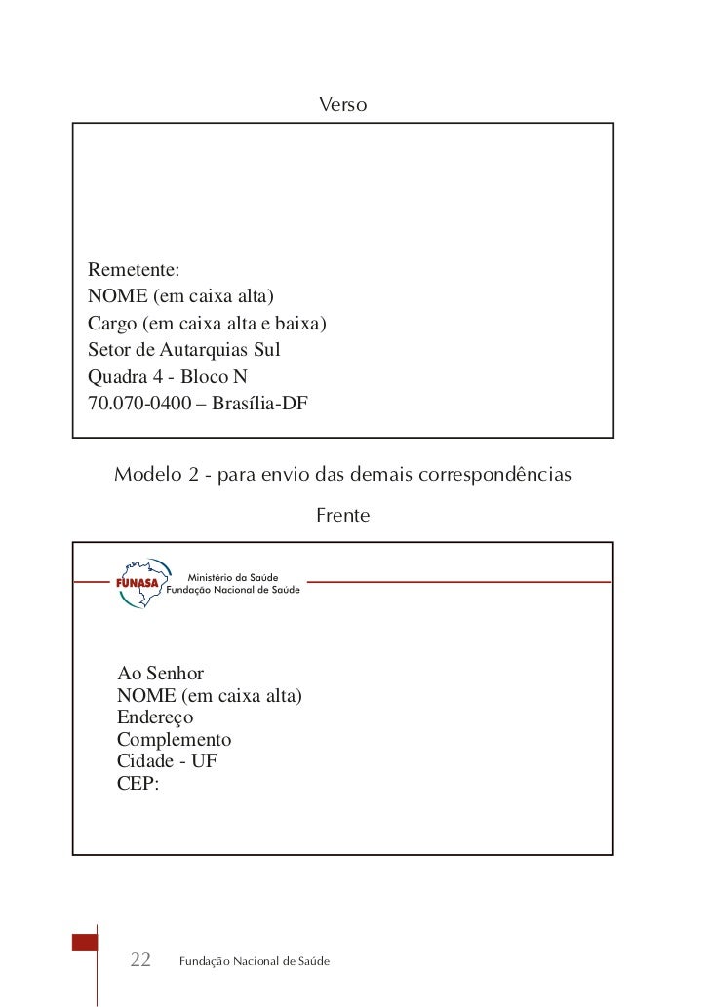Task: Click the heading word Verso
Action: pyautogui.click(x=342, y=103)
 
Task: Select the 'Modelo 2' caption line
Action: pyautogui.click(x=342, y=476)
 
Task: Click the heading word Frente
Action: pyautogui.click(x=342, y=515)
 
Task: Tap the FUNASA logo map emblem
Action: pyautogui.click(x=137, y=583)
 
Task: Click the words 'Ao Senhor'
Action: pyautogui.click(x=160, y=674)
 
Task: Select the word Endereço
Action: pyautogui.click(x=155, y=717)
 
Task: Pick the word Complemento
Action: pyautogui.click(x=174, y=739)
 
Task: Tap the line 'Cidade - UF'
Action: pyautogui.click(x=167, y=760)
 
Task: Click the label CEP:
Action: pyautogui.click(x=138, y=782)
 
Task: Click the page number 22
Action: pyautogui.click(x=140, y=961)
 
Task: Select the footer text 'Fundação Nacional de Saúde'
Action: pyautogui.click(x=254, y=962)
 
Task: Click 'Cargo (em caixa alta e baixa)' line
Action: pyautogui.click(x=207, y=323)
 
